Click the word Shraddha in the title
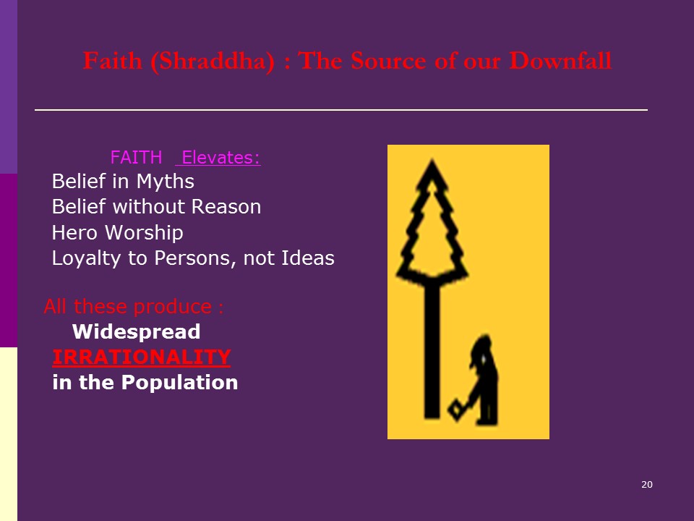click(x=213, y=61)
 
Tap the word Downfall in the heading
click(x=560, y=60)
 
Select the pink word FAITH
click(x=137, y=157)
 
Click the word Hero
click(x=74, y=232)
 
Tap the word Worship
click(x=144, y=233)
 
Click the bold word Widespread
click(x=137, y=331)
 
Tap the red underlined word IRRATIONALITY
click(x=141, y=357)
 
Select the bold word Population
click(x=180, y=383)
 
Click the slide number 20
click(x=646, y=485)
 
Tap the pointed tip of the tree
click(x=432, y=161)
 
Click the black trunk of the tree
click(x=432, y=350)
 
